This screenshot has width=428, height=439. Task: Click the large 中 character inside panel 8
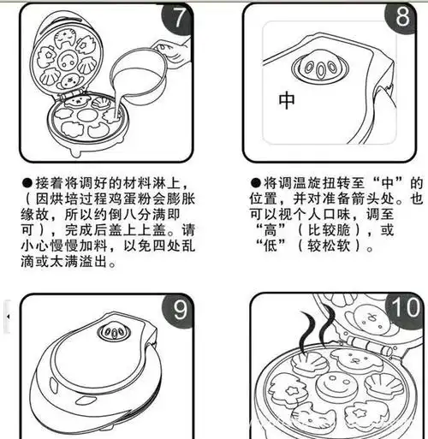point(287,101)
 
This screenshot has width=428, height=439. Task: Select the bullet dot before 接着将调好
point(27,184)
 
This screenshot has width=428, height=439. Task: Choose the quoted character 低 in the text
point(276,247)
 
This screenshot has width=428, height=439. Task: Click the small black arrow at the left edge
point(8,316)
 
